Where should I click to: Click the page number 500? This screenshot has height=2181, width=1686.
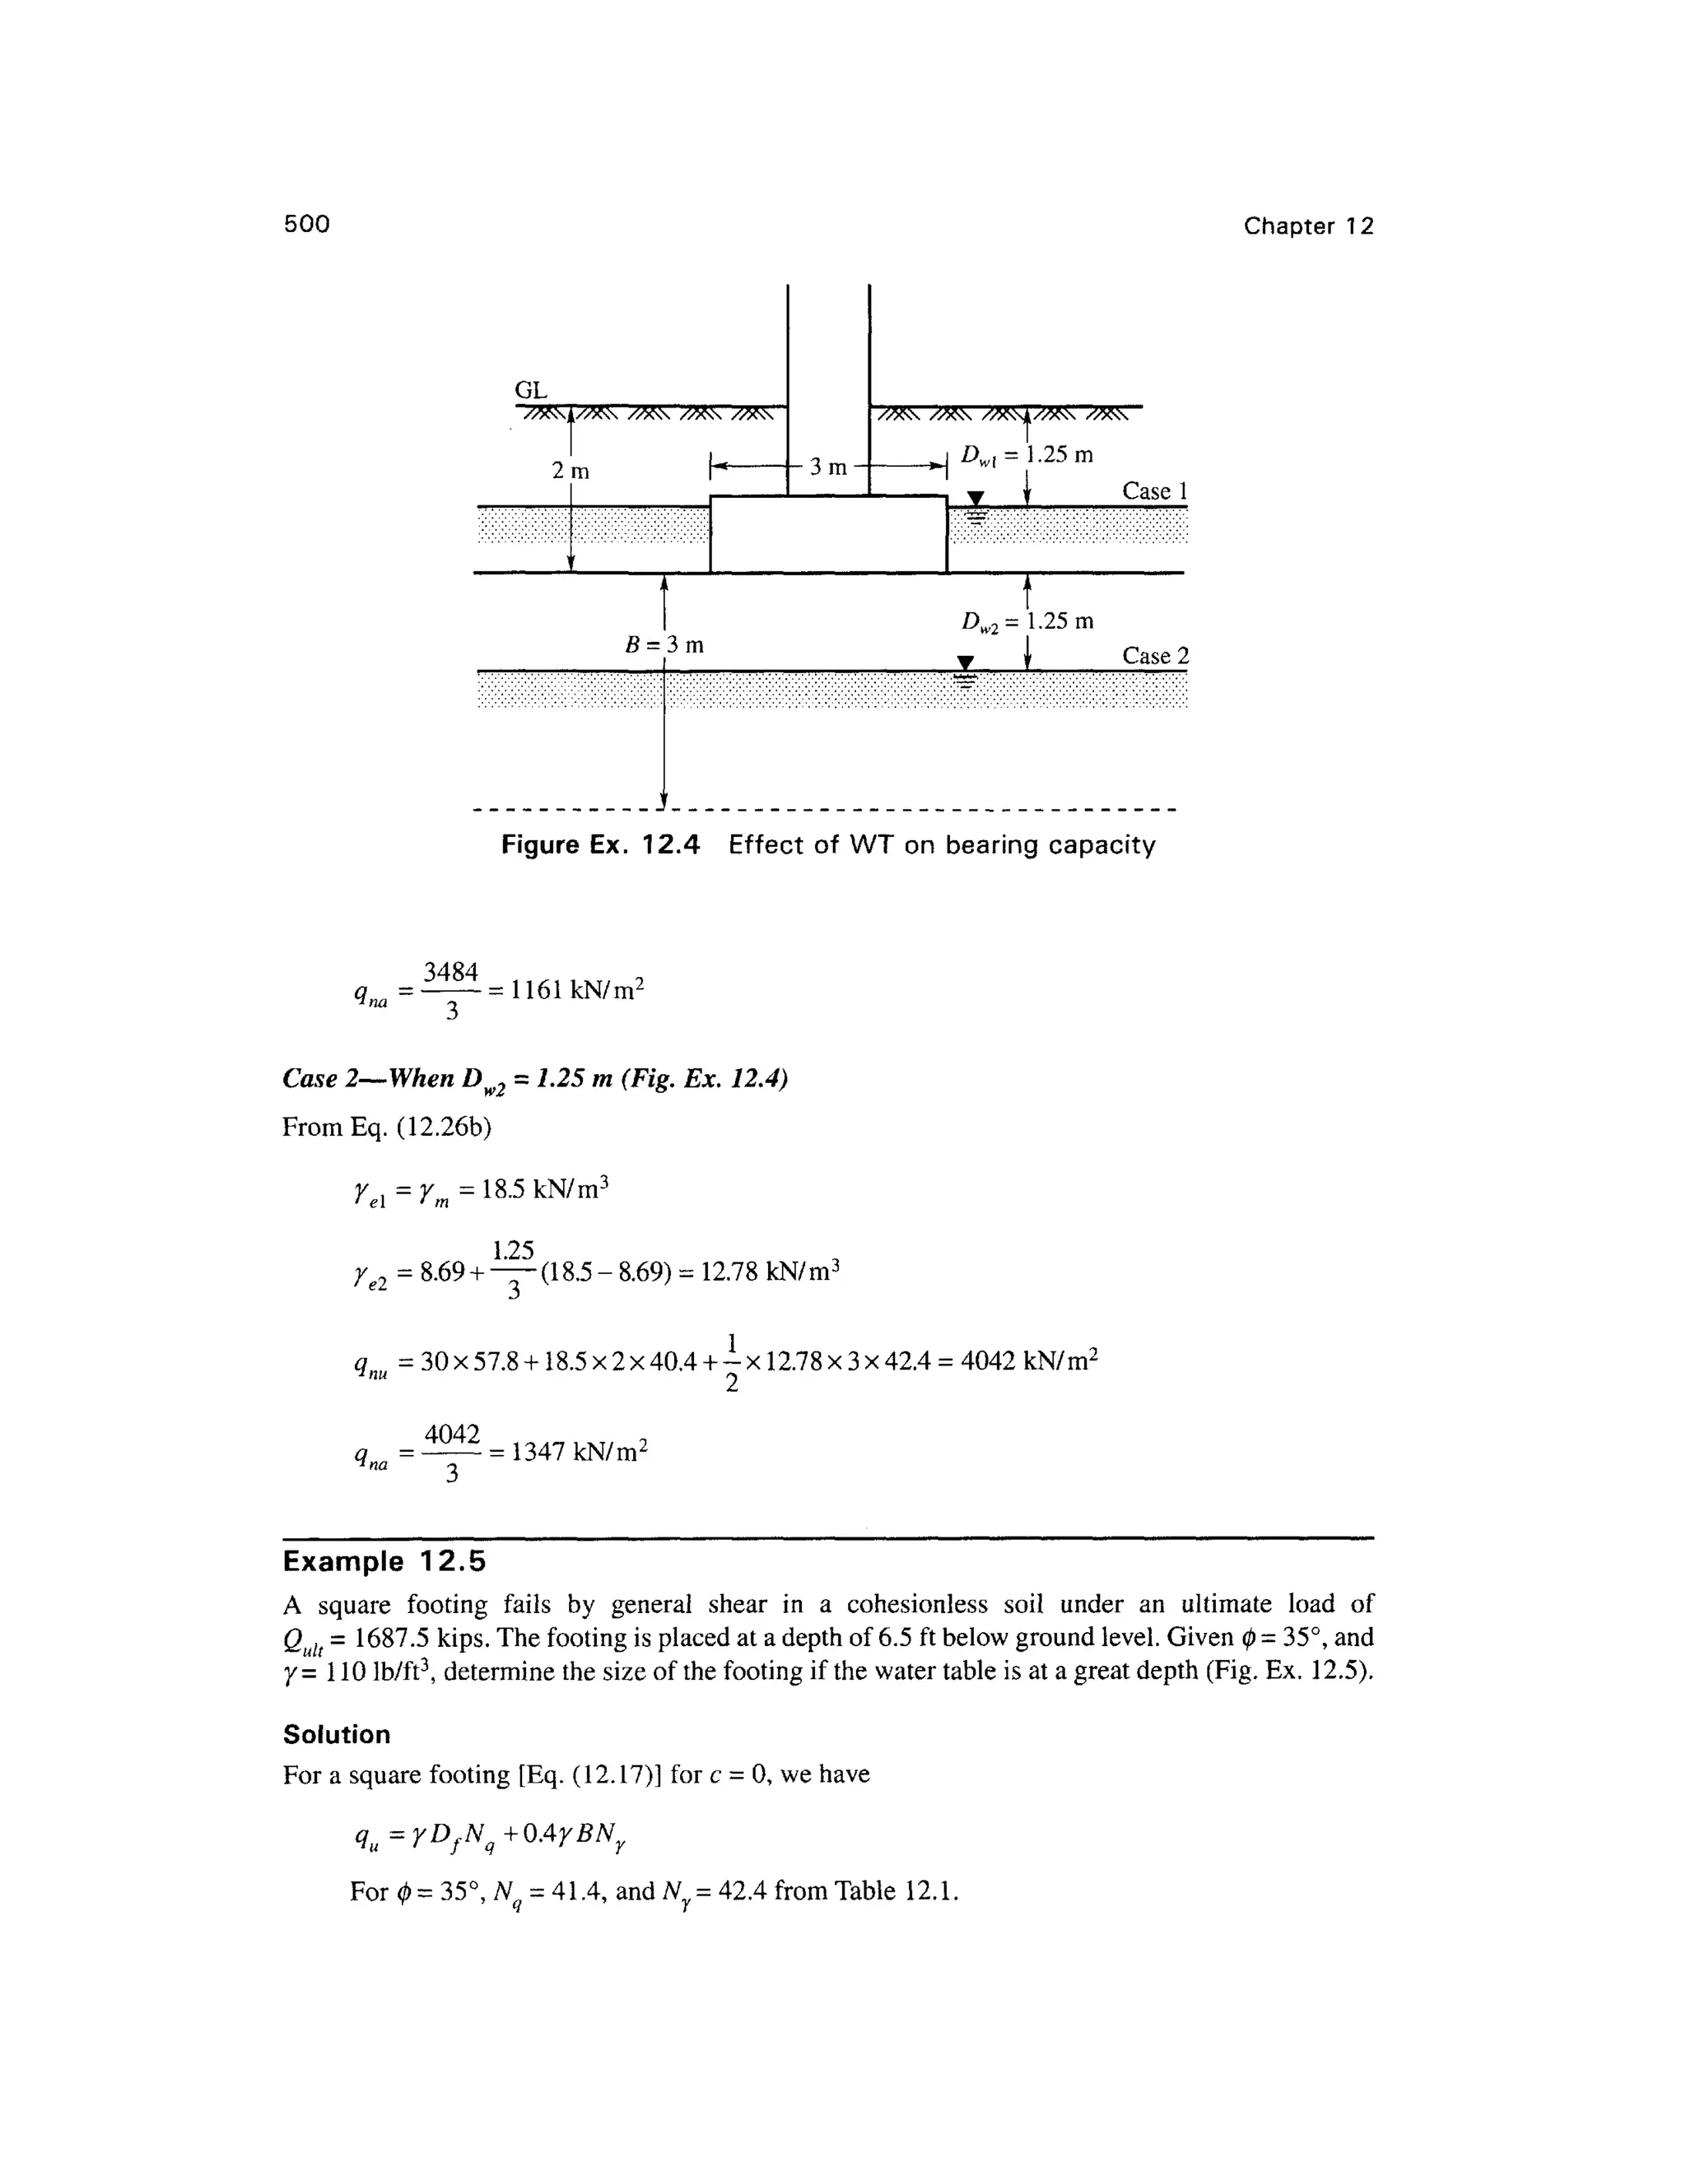pyautogui.click(x=306, y=224)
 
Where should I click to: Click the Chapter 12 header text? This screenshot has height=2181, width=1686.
pyautogui.click(x=1307, y=226)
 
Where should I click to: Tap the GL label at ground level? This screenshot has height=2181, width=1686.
pyautogui.click(x=530, y=389)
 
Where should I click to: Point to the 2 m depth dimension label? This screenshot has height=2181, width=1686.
pyautogui.click(x=571, y=469)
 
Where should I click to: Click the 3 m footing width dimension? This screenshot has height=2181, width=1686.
pyautogui.click(x=828, y=467)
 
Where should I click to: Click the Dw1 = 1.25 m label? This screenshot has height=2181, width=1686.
pyautogui.click(x=1027, y=455)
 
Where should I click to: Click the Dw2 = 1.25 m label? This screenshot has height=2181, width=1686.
pyautogui.click(x=1027, y=621)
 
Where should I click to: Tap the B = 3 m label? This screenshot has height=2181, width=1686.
pyautogui.click(x=664, y=644)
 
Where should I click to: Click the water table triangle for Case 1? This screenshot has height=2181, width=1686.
pyautogui.click(x=976, y=498)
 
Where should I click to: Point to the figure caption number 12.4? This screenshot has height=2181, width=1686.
pyautogui.click(x=670, y=846)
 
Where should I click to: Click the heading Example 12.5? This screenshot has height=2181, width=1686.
pyautogui.click(x=384, y=1560)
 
